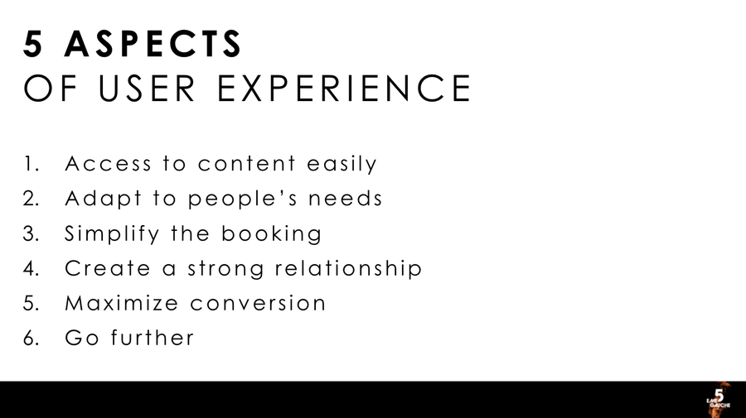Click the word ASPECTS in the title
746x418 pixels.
[153, 44]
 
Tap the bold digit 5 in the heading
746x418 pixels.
[33, 44]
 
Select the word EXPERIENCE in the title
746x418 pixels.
[344, 88]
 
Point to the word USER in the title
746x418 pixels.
[147, 88]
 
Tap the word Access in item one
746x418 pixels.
[108, 164]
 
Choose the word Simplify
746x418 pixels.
[112, 234]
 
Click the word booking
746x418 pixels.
[271, 234]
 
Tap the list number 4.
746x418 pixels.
[31, 269]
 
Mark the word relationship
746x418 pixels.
[348, 269]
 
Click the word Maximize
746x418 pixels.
[122, 304]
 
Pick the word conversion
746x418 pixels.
[258, 304]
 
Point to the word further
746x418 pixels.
[153, 339]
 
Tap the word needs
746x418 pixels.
[345, 199]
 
